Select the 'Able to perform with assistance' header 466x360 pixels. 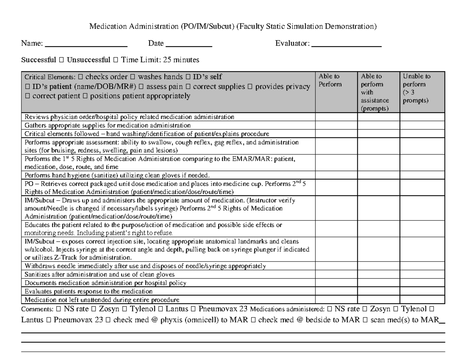pyautogui.click(x=374, y=92)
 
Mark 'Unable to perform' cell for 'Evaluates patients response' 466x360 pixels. pyautogui.click(x=422, y=291)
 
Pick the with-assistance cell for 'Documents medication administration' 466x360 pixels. pyautogui.click(x=379, y=283)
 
